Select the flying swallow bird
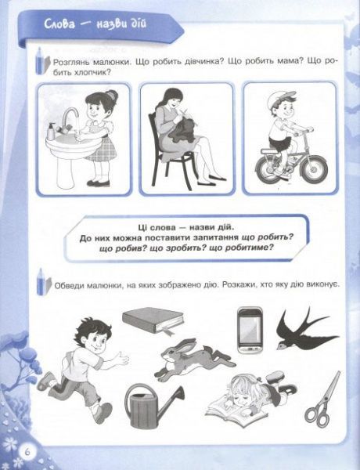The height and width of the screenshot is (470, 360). coord(305,327)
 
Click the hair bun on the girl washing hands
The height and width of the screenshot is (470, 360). coord(110,96)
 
